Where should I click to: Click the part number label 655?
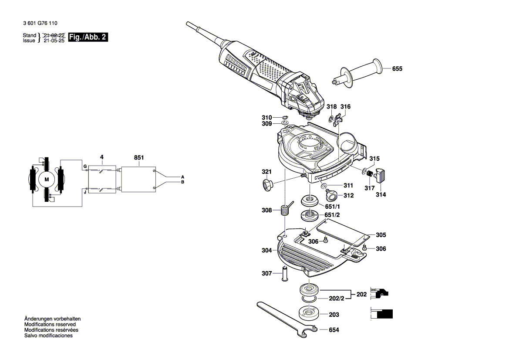pyautogui.click(x=397, y=69)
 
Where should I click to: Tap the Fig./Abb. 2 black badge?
pyautogui.click(x=88, y=37)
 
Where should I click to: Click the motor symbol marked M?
pyautogui.click(x=46, y=179)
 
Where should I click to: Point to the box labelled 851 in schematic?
pyautogui.click(x=138, y=179)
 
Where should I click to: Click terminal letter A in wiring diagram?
pyautogui.click(x=183, y=177)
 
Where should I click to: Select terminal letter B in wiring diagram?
pyautogui.click(x=183, y=182)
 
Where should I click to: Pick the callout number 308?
pyautogui.click(x=266, y=211)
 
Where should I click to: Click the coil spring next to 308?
pyautogui.click(x=285, y=210)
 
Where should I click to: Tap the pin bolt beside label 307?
pyautogui.click(x=286, y=273)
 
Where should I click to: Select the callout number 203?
pyautogui.click(x=334, y=314)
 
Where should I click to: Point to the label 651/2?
pyautogui.click(x=332, y=215)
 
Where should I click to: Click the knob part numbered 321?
pyautogui.click(x=266, y=184)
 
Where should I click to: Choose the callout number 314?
pyautogui.click(x=381, y=195)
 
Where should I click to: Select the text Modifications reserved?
pyautogui.click(x=50, y=325)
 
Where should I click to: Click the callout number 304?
pyautogui.click(x=266, y=251)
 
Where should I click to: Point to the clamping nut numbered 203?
pyautogui.click(x=309, y=313)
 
